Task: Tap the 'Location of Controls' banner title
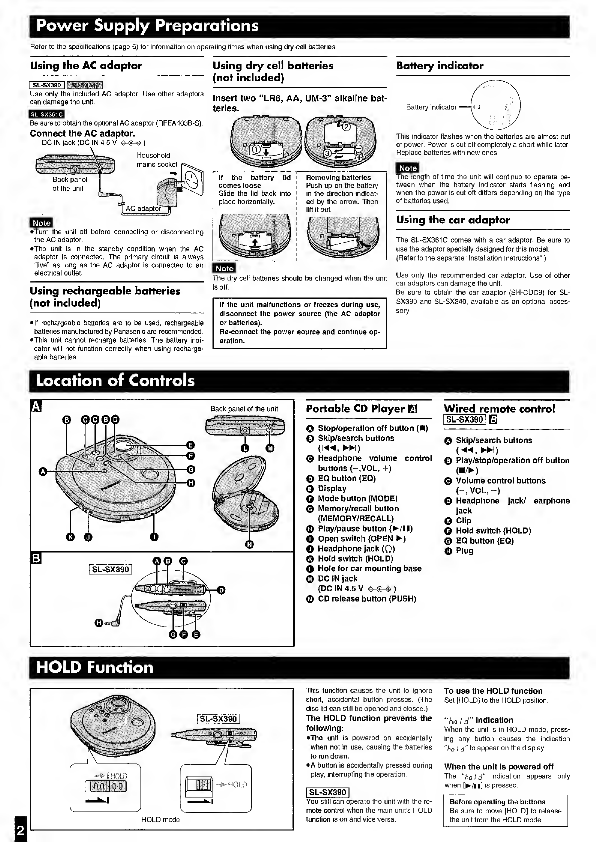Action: point(115,381)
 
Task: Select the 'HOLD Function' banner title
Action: point(95,667)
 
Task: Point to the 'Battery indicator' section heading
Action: point(439,66)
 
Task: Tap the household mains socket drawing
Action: point(193,178)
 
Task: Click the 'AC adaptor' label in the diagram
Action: point(143,208)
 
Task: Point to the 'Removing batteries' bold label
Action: point(338,177)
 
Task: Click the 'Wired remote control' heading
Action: point(499,409)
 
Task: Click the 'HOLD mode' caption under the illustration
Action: point(160,820)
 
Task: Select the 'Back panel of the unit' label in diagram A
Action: point(244,409)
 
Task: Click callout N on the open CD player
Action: point(249,544)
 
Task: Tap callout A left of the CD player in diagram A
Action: point(43,471)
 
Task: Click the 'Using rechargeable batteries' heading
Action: point(105,297)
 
